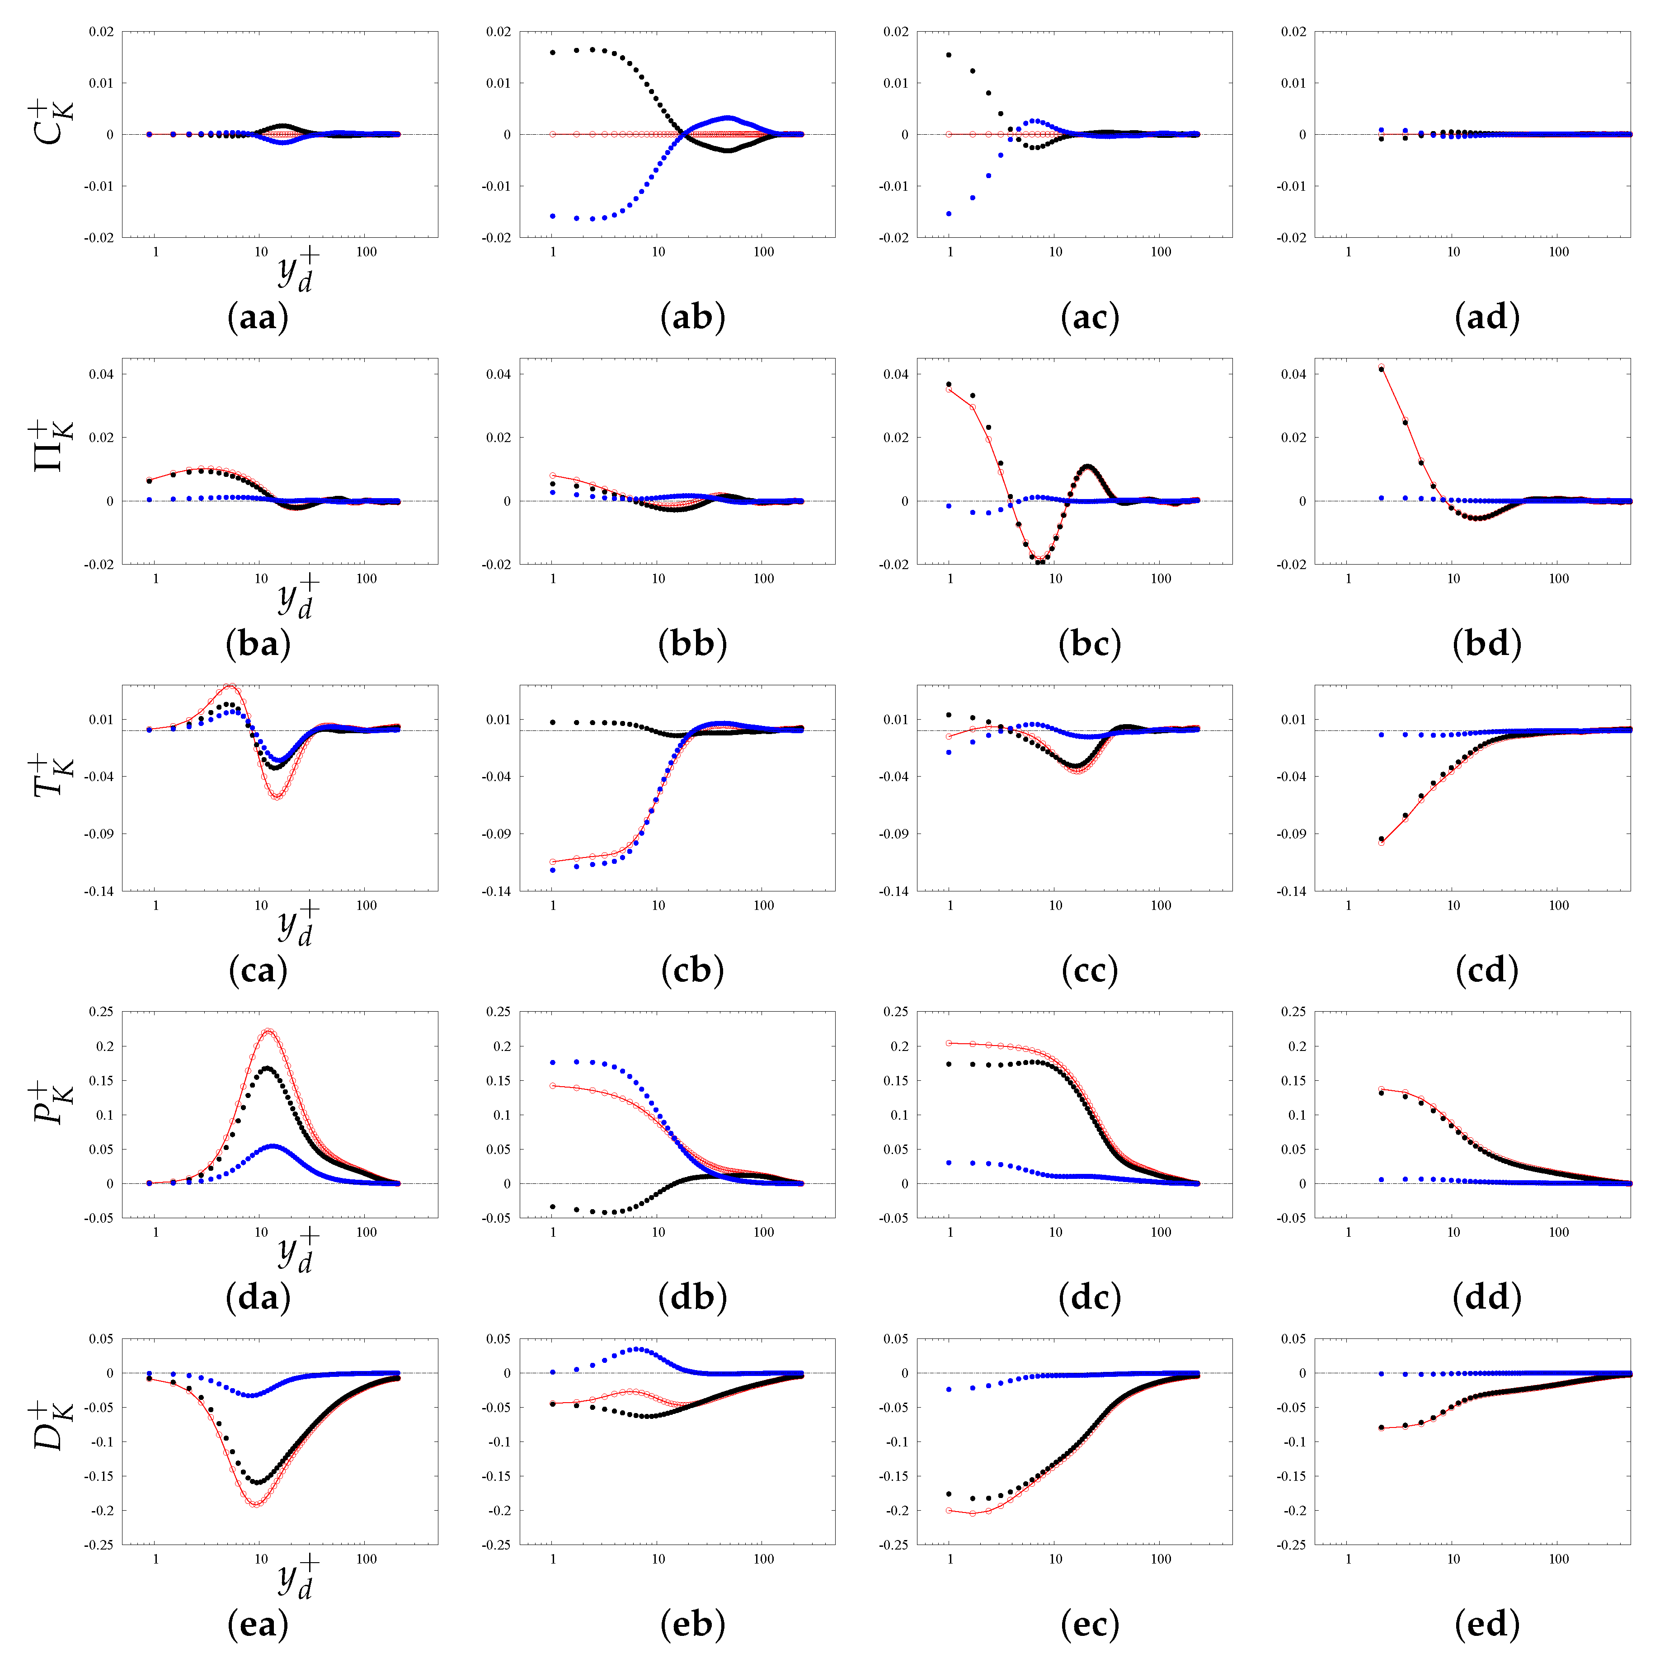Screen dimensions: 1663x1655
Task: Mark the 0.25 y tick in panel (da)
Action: (x=101, y=1011)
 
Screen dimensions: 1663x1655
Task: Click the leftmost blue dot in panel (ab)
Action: (x=553, y=216)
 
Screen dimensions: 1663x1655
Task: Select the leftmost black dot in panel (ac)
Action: (x=949, y=55)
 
